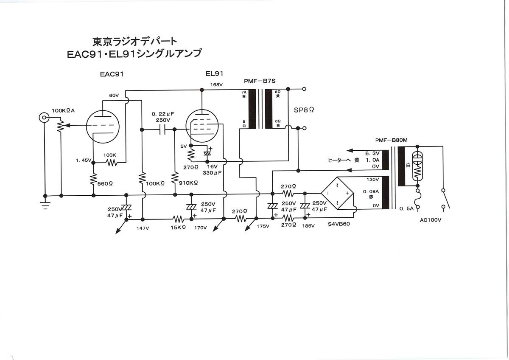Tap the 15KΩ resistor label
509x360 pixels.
coord(178,228)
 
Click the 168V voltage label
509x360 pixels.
coord(216,84)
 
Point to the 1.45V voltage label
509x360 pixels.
coord(84,160)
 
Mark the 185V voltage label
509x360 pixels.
coord(308,226)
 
